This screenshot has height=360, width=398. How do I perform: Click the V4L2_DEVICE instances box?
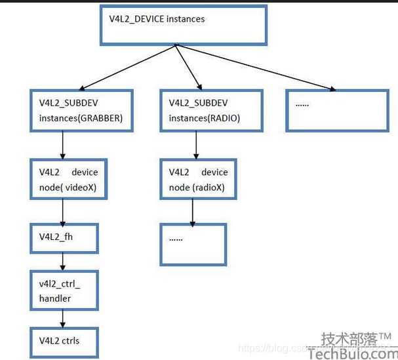tap(184, 25)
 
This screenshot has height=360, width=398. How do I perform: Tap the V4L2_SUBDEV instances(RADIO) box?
tap(211, 110)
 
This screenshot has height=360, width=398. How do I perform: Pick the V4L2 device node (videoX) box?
tap(68, 178)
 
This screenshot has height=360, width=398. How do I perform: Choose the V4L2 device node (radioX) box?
tap(198, 178)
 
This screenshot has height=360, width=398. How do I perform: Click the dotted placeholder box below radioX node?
tap(193, 244)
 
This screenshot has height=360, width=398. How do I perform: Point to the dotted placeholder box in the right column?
tap(338, 110)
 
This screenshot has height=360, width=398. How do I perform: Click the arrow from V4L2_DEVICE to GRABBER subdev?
tap(131, 67)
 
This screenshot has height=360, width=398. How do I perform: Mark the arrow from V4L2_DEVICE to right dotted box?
tap(256, 68)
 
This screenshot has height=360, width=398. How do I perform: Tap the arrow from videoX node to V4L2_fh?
tap(62, 211)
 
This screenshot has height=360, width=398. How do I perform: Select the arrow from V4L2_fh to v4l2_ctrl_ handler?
tap(62, 262)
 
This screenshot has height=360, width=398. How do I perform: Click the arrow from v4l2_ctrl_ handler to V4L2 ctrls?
tap(62, 319)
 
